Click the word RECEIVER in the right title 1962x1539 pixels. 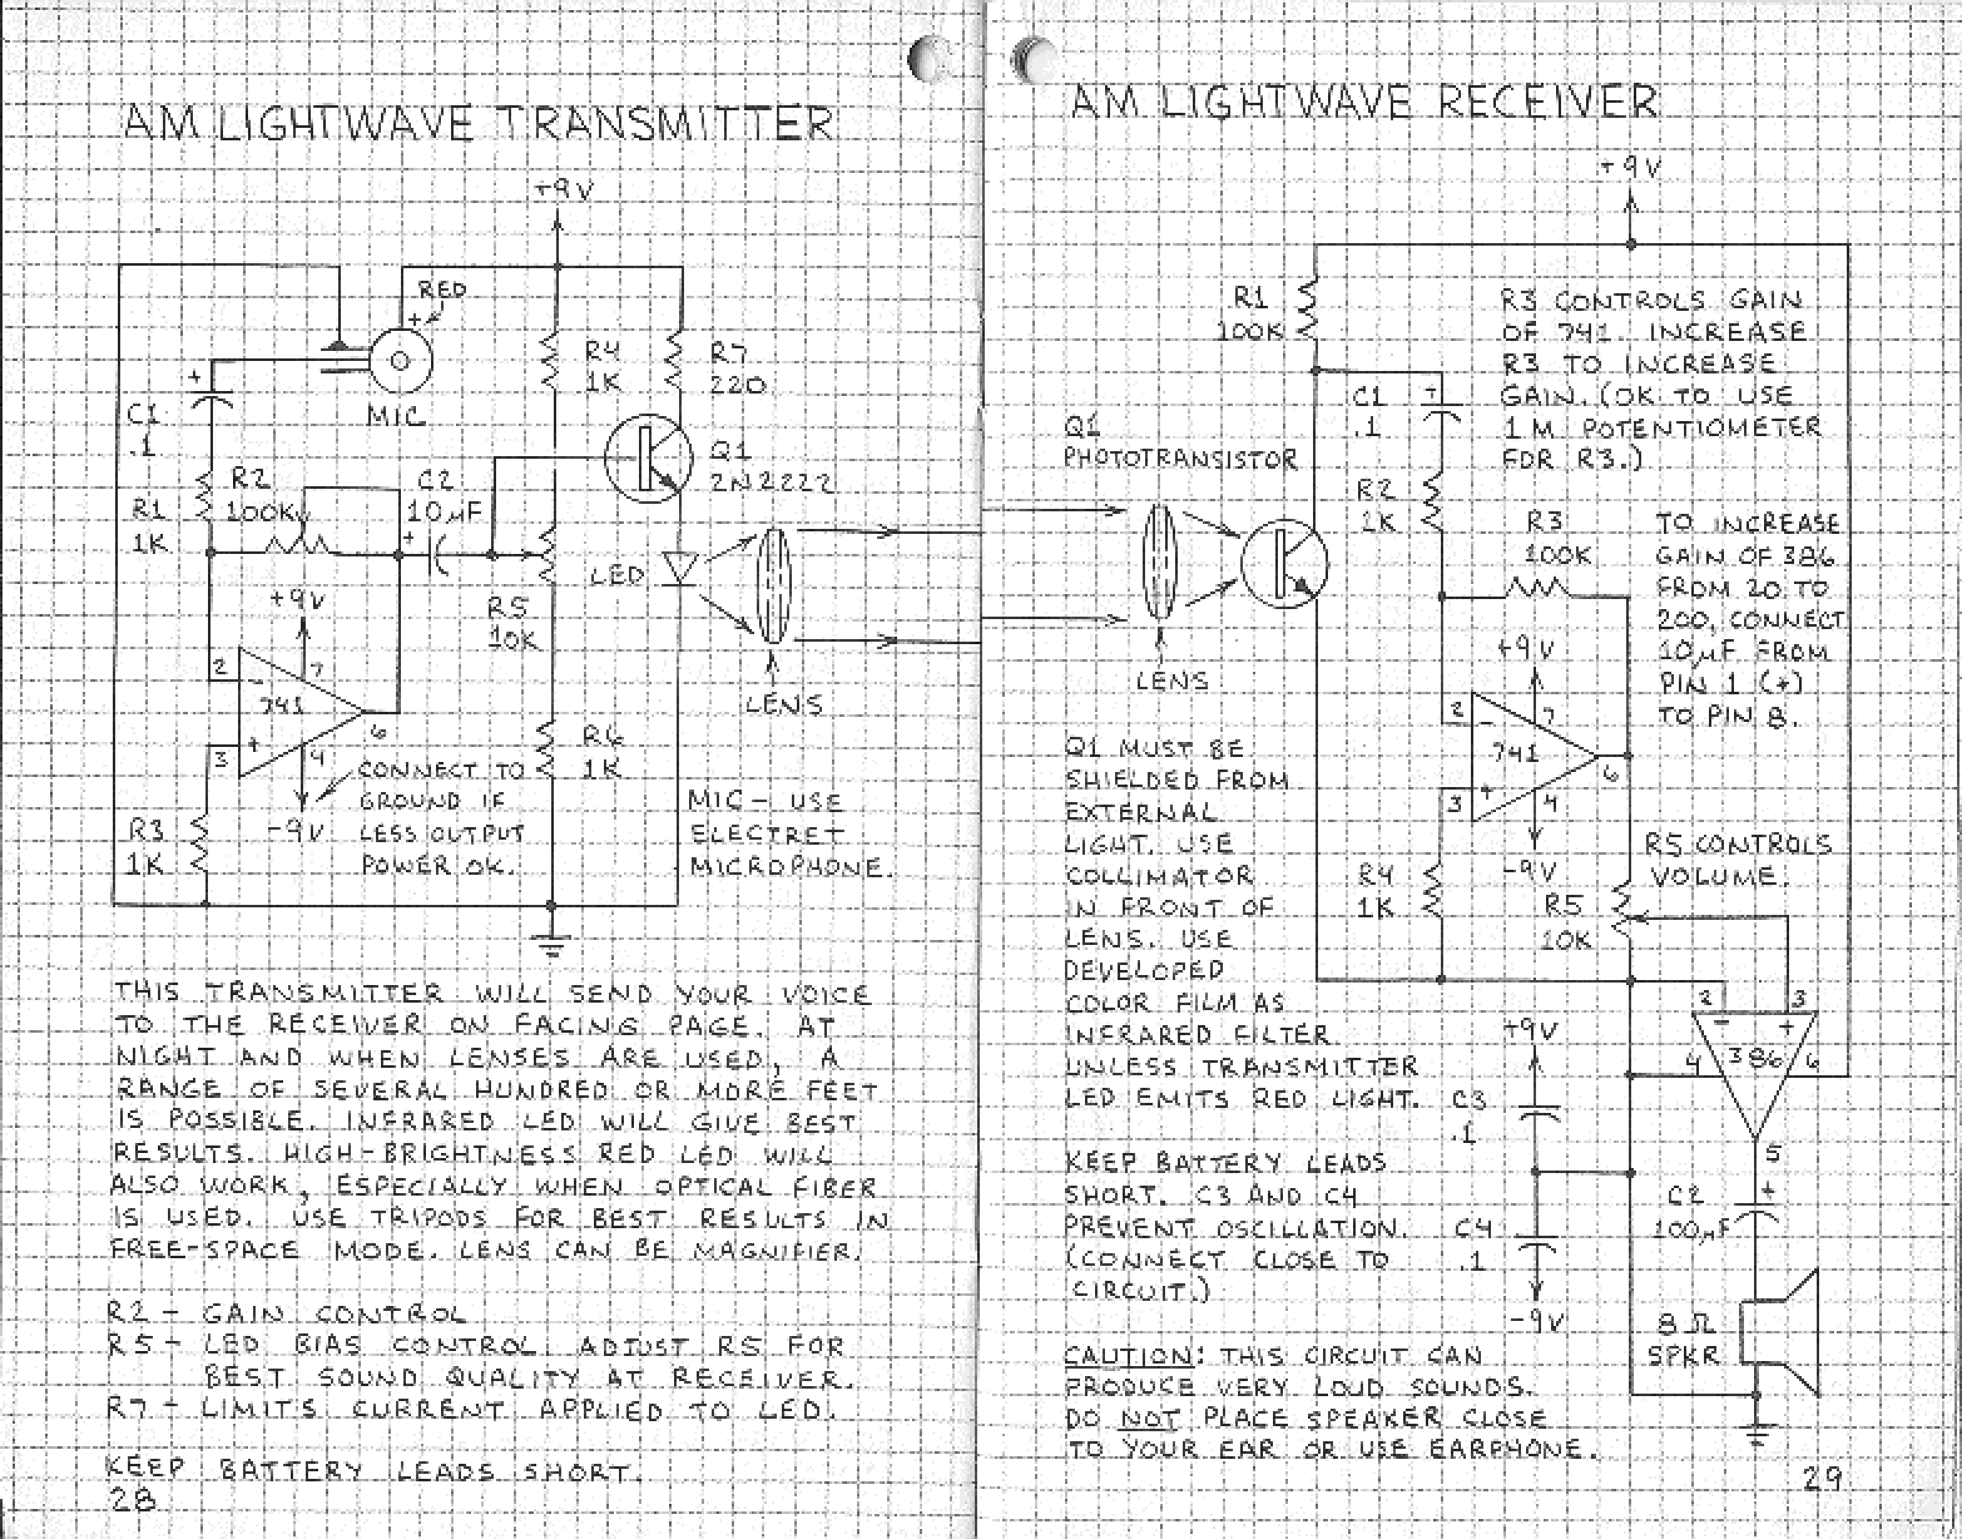point(1545,102)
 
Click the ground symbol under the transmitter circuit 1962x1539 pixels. point(553,946)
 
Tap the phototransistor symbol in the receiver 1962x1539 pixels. point(1283,564)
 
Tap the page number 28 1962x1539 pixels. point(132,1498)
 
